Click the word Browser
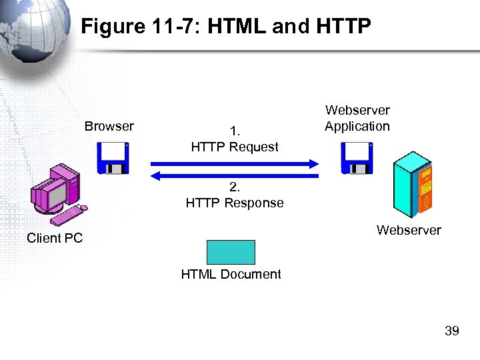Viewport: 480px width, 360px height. pyautogui.click(x=109, y=126)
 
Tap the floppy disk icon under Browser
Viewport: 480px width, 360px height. pyautogui.click(x=113, y=159)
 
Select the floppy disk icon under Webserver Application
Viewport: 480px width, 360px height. pyautogui.click(x=357, y=159)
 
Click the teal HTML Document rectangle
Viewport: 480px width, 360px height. pyautogui.click(x=231, y=252)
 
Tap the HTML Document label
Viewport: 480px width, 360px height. pyautogui.click(x=231, y=274)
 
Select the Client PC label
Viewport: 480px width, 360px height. pyautogui.click(x=55, y=238)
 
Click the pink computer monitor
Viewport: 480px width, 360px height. pyautogui.click(x=52, y=195)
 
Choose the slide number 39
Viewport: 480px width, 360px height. pyautogui.click(x=451, y=331)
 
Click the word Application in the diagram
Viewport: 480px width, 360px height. pyautogui.click(x=357, y=126)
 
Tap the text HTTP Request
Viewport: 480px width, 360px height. pyautogui.click(x=235, y=147)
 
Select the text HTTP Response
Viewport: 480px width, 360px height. pyautogui.click(x=235, y=203)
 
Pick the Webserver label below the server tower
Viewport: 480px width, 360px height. pyautogui.click(x=409, y=230)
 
